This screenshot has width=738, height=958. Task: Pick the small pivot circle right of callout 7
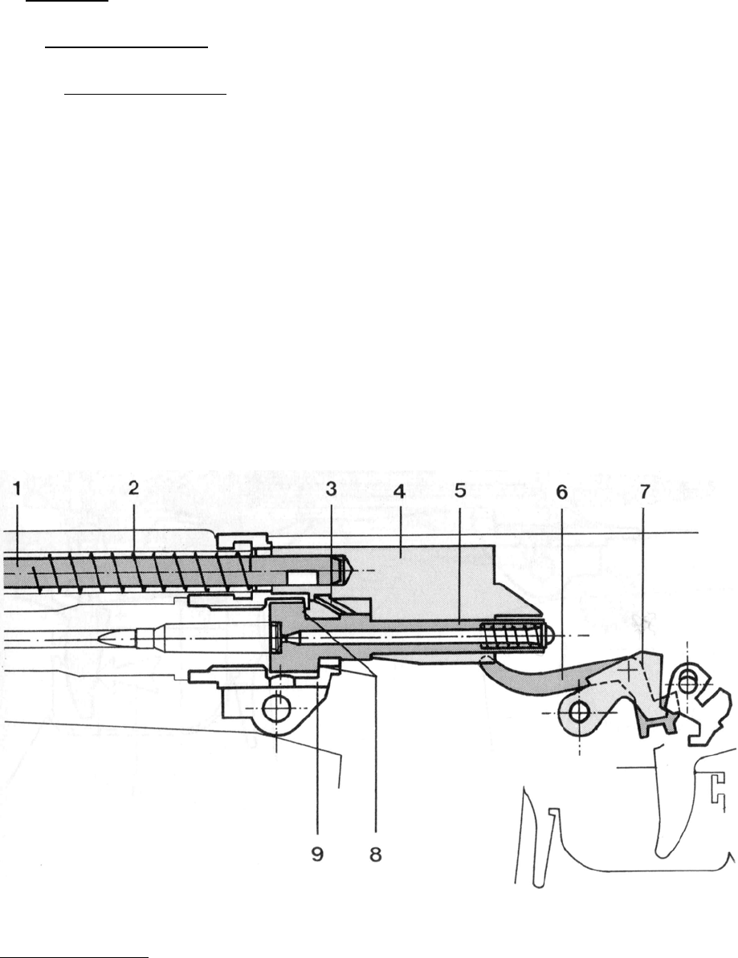point(687,680)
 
